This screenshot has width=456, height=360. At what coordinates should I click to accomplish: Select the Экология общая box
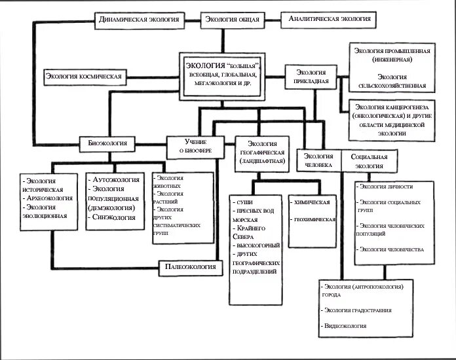click(x=231, y=20)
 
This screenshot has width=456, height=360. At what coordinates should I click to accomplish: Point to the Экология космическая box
click(x=84, y=77)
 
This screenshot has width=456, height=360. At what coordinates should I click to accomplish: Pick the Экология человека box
click(x=318, y=160)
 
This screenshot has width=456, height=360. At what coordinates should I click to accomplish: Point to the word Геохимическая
click(x=315, y=220)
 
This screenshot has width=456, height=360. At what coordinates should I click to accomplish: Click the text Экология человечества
click(x=391, y=249)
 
